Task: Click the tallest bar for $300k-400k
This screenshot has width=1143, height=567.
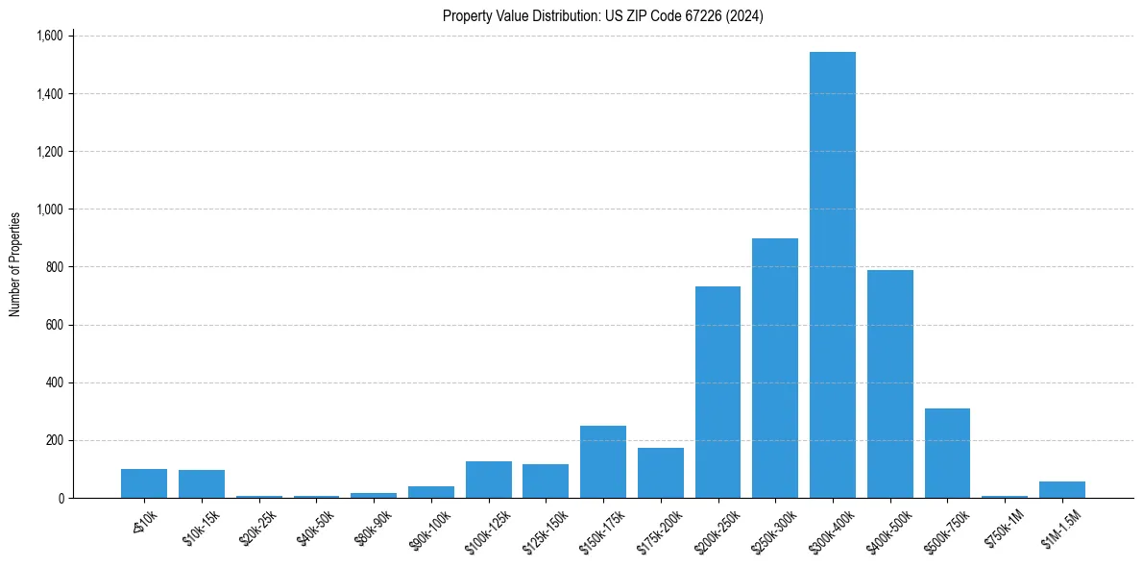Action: coord(832,275)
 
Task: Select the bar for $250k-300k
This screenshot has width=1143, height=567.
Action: coord(774,368)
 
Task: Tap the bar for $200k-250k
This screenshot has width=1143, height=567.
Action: coord(717,392)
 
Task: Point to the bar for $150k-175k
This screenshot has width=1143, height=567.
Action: coord(602,462)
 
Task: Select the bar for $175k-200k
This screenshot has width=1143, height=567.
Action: coord(660,473)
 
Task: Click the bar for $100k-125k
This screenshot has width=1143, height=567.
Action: coord(488,480)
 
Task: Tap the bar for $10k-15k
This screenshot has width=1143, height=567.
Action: coord(201,484)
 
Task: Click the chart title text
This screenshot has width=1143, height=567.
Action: coord(602,15)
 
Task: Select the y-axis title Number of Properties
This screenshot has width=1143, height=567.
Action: coord(15,264)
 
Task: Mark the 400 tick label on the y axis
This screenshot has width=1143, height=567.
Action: coord(54,382)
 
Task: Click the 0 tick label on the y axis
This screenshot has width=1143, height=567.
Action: coord(60,498)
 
